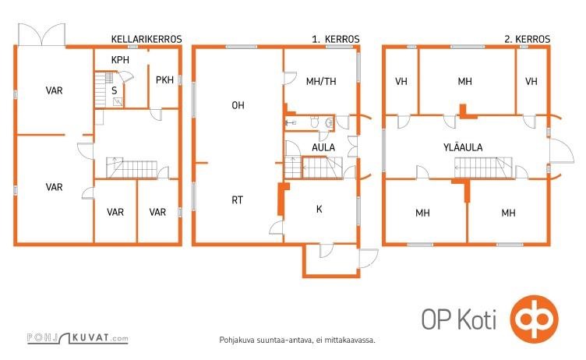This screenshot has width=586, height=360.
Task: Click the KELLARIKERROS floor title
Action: (146, 39)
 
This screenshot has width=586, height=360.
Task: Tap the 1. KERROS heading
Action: (336, 39)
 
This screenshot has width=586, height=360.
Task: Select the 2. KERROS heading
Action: (527, 39)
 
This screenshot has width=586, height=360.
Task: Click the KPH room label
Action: (120, 59)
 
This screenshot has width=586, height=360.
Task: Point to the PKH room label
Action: (164, 79)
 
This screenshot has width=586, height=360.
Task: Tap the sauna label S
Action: (115, 90)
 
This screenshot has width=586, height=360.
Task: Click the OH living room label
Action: (238, 105)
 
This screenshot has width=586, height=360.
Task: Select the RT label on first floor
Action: (238, 200)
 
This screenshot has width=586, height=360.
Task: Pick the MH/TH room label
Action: (321, 81)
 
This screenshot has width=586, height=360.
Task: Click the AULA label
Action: (323, 148)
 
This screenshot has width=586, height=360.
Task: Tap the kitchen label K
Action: (319, 209)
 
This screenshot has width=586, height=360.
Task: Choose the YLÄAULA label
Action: (463, 147)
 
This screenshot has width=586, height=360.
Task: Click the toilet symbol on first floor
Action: (315, 122)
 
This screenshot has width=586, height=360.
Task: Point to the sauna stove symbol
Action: (118, 101)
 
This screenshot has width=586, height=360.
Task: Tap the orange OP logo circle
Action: (535, 319)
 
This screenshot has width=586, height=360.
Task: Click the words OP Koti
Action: (459, 319)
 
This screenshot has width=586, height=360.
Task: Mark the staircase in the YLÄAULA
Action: (484, 168)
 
